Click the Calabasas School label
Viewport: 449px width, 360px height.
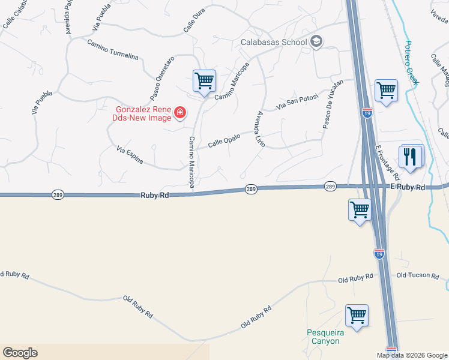pos(274,42)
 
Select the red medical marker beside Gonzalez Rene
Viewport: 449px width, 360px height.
pos(179,112)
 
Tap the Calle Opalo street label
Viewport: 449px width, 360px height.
pos(224,140)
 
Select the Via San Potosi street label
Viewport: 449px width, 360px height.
pos(296,101)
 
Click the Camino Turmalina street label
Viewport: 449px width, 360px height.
pos(113,50)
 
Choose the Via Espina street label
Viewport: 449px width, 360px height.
pos(130,155)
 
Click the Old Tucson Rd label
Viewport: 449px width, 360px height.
pos(418,275)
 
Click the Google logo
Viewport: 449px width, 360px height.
pos(20,353)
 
